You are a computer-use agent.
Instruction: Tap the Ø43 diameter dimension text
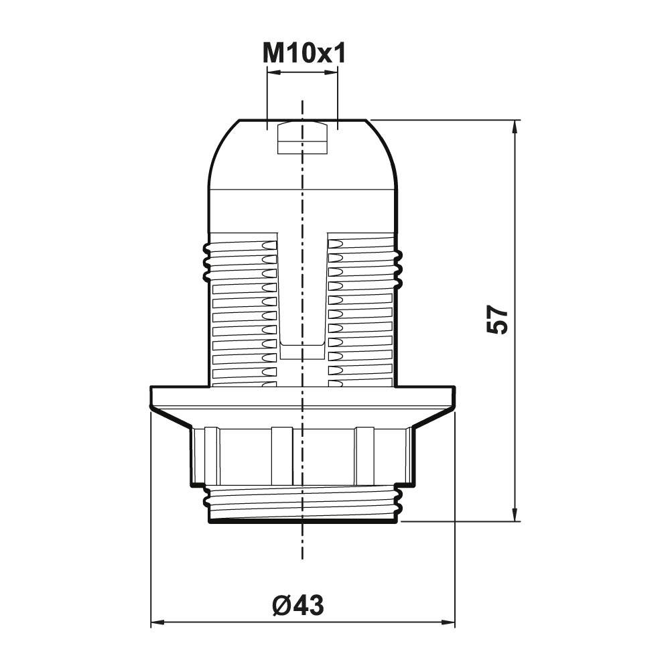[x=299, y=606]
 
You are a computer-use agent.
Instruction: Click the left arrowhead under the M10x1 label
[x=272, y=72]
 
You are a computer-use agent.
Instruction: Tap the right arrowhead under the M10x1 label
[x=333, y=72]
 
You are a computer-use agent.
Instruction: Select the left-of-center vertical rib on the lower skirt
[x=281, y=456]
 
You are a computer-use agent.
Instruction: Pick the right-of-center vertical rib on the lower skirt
[x=364, y=456]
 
